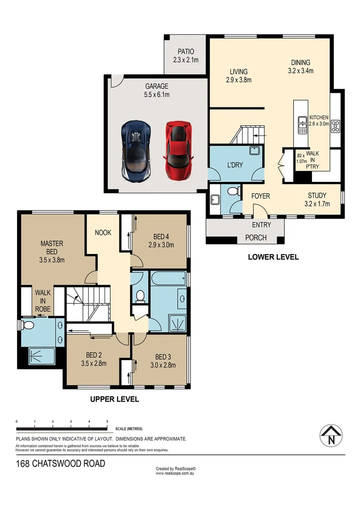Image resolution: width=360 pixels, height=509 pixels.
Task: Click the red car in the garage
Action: click(x=179, y=148)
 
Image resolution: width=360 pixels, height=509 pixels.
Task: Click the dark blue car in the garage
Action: click(x=136, y=151)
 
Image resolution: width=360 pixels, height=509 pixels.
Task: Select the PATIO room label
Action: click(x=186, y=51)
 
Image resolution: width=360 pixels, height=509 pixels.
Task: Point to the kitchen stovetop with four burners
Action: click(x=336, y=126)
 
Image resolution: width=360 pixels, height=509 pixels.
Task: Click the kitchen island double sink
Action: click(x=302, y=125)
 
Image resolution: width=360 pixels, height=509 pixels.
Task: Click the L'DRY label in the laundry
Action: click(x=221, y=165)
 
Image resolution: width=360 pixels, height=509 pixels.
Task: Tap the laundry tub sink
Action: click(x=255, y=151)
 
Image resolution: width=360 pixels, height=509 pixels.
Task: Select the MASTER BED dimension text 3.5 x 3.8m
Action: click(x=52, y=259)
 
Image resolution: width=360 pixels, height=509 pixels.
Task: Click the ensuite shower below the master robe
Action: click(x=41, y=355)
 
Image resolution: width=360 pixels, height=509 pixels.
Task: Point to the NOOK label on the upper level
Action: click(x=103, y=232)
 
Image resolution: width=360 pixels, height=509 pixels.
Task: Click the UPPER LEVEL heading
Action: click(x=115, y=399)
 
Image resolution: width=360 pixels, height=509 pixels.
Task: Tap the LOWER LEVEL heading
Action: click(x=273, y=257)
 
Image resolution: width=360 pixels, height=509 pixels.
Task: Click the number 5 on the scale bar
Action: click(x=107, y=421)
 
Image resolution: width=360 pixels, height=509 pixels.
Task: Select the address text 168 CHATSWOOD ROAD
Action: click(x=60, y=464)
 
